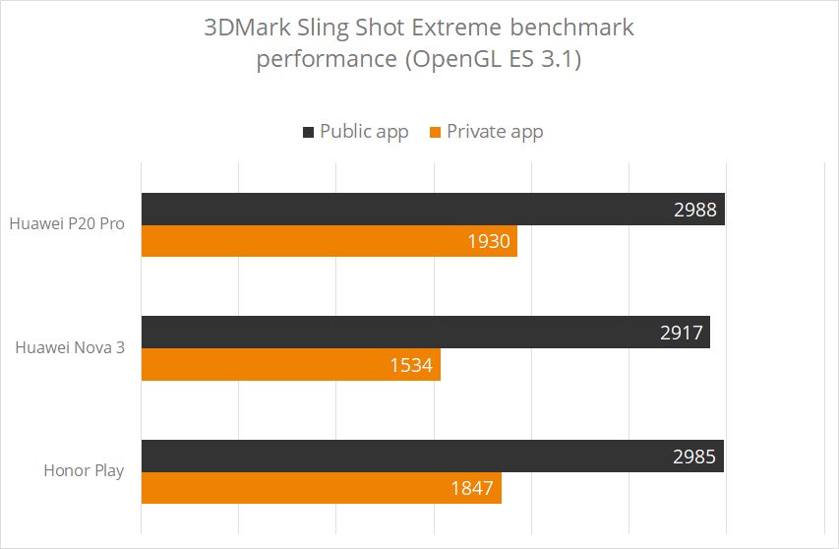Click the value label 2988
click(695, 209)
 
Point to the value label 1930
click(490, 241)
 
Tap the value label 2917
click(682, 332)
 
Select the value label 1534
click(412, 364)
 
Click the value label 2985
click(694, 456)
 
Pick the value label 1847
click(473, 488)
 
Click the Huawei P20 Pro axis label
click(67, 223)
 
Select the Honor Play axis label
click(84, 470)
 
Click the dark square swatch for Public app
click(308, 132)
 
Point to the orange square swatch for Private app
click(435, 132)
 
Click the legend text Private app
click(495, 131)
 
